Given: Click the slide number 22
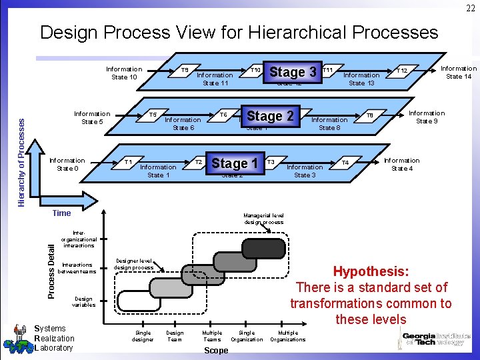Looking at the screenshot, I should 470,7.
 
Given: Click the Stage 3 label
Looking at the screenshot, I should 292,72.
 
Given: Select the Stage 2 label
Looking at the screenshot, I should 270,116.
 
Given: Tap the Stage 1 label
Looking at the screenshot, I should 234,163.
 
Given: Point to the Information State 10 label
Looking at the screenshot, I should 123,73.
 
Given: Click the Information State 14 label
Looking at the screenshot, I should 458,72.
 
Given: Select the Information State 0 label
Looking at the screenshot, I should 67,164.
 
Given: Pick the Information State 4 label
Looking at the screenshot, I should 401,164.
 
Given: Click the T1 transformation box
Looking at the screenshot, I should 128,162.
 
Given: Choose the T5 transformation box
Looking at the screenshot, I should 153,115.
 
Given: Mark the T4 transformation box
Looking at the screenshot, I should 345,163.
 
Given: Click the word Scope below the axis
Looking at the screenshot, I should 215,351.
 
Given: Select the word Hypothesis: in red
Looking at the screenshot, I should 371,272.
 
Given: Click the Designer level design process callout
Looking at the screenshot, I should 134,264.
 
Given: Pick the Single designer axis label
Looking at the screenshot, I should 143,335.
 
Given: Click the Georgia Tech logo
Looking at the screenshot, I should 437,340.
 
